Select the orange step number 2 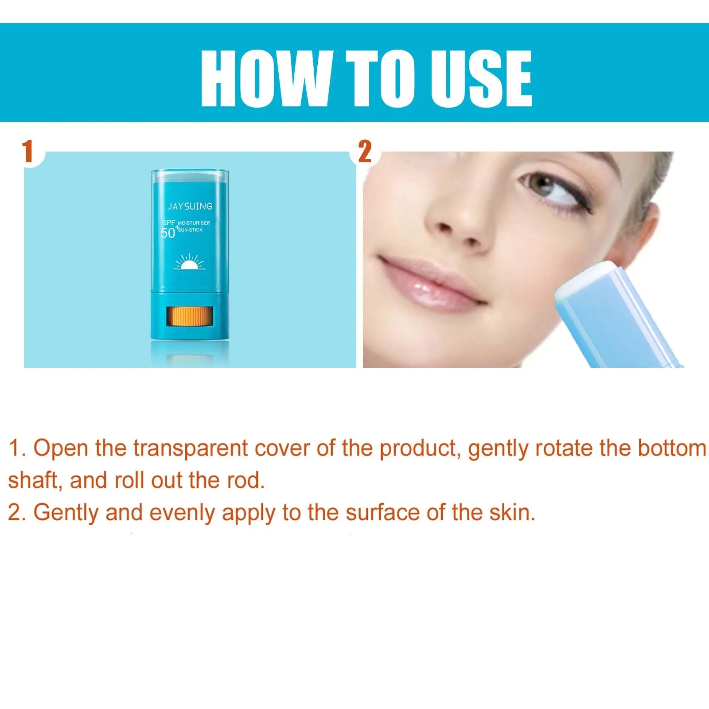pos(365,152)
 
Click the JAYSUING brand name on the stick pos(190,206)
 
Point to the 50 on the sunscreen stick pos(168,233)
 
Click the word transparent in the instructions pos(191,448)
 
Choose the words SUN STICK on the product pos(190,230)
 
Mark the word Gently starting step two pos(66,513)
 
